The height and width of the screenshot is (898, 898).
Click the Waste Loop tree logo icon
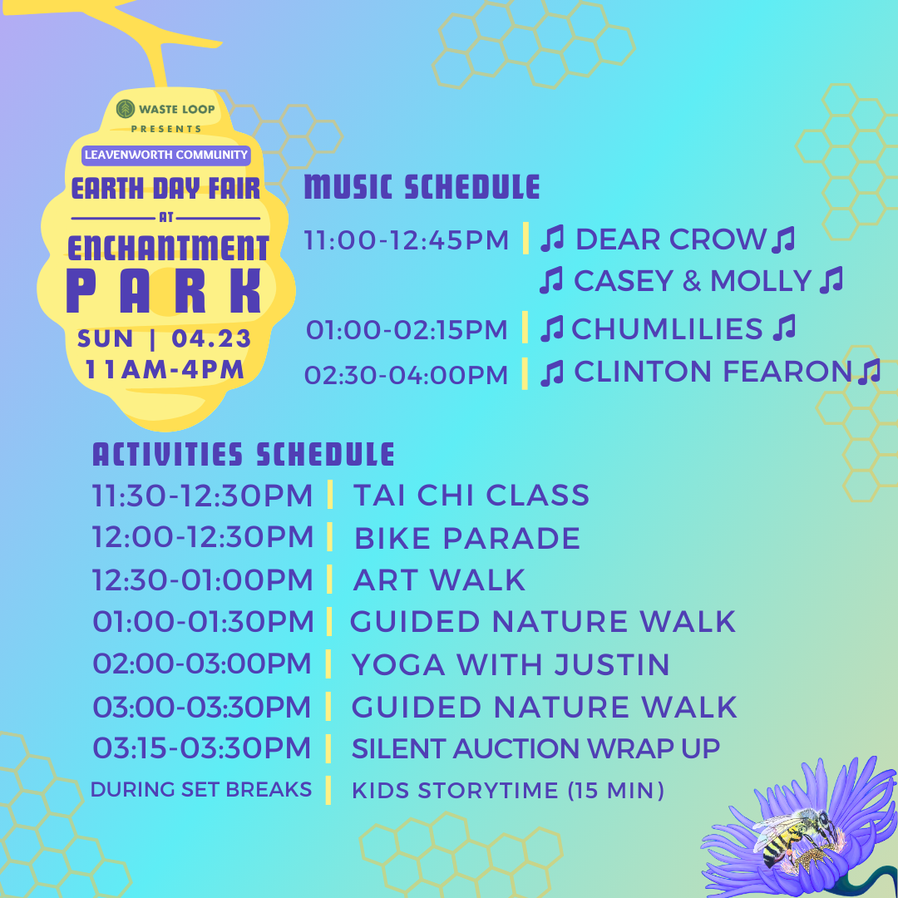coord(126,109)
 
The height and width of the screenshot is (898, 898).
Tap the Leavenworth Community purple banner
coord(166,155)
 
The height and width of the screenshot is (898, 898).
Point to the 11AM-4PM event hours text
coord(165,369)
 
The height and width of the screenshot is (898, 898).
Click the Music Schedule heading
coord(422,187)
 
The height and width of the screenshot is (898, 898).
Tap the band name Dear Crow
coord(670,239)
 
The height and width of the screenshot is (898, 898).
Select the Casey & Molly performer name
coord(693,281)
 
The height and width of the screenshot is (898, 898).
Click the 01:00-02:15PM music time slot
coord(407,330)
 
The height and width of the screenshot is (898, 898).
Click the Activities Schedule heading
coord(244,455)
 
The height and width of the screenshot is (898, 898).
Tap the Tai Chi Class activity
coord(471,496)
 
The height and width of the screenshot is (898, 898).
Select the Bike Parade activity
coord(467,538)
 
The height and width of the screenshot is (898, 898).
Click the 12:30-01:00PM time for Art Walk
coord(203,580)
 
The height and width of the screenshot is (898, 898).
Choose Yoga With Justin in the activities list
coord(511,664)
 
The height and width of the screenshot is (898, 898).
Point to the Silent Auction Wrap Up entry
coord(535,748)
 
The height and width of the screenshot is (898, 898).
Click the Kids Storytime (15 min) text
coord(508,791)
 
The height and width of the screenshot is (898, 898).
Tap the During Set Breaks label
coord(200,789)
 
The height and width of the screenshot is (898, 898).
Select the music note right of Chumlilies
coord(784,328)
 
